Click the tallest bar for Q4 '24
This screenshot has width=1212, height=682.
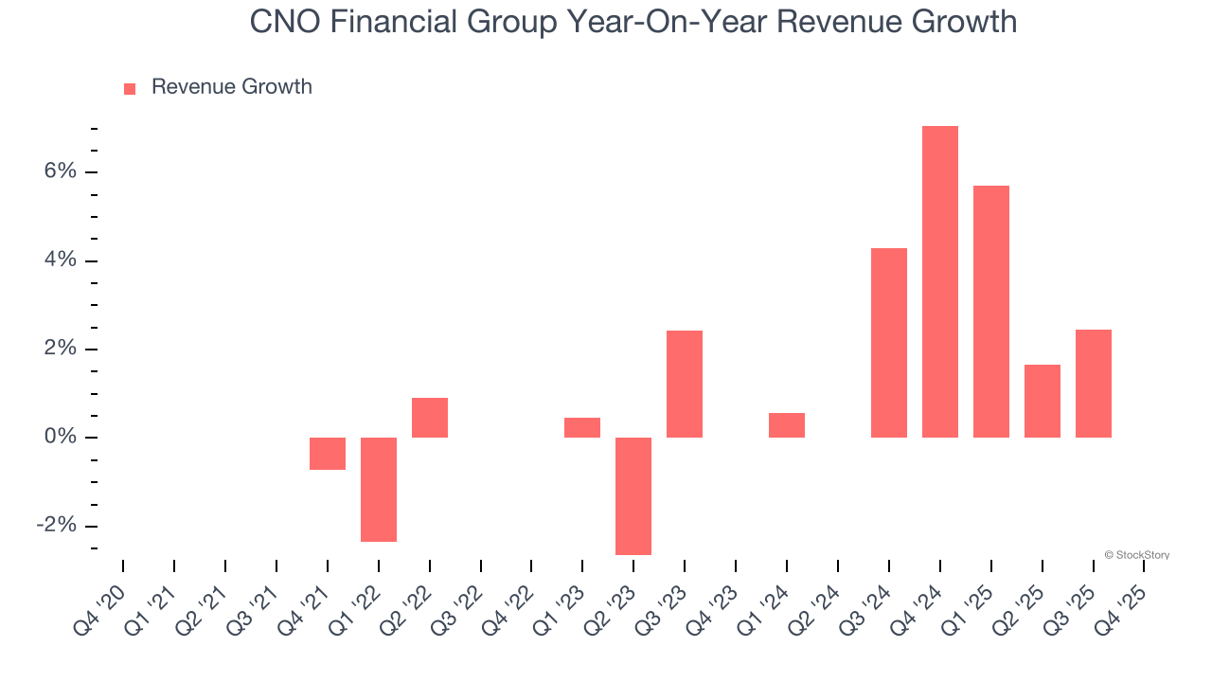[940, 281]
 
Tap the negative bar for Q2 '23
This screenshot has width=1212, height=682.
[633, 495]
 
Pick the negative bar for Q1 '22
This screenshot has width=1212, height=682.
[379, 489]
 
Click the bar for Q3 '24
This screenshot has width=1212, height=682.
[889, 342]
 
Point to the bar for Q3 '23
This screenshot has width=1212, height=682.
[685, 384]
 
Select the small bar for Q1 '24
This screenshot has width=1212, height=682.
[787, 425]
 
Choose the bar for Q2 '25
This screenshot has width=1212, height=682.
[1043, 401]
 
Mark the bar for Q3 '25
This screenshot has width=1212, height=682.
[1094, 384]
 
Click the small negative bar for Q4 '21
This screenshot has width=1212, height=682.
[328, 454]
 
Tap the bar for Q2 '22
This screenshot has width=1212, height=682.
[430, 418]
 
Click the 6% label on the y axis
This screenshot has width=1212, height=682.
[59, 171]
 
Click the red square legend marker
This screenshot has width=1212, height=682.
[130, 88]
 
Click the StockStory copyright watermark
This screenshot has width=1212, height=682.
[1136, 555]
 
